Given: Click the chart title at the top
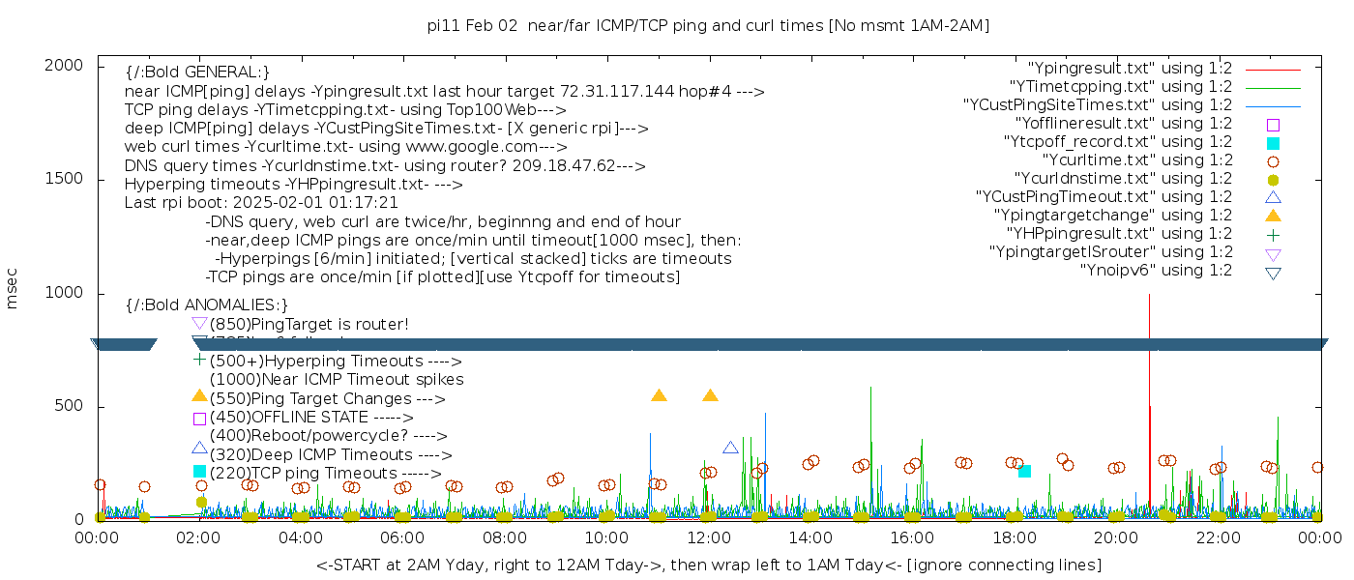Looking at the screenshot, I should (x=709, y=25).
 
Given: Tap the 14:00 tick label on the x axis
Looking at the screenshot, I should (x=810, y=537).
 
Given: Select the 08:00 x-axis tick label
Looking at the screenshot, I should (x=505, y=537).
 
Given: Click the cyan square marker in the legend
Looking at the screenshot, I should (x=1273, y=143).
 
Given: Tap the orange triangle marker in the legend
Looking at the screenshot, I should (x=1273, y=216).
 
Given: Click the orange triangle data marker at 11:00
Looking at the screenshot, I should (x=659, y=395).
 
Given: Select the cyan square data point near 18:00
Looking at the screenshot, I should (x=1024, y=472).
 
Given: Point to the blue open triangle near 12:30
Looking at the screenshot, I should (x=730, y=448).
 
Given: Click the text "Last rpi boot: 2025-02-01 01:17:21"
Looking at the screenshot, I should (x=261, y=203).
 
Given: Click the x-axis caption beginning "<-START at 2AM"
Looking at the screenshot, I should (x=708, y=565).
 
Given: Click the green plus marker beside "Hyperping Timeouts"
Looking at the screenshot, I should (x=200, y=360).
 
